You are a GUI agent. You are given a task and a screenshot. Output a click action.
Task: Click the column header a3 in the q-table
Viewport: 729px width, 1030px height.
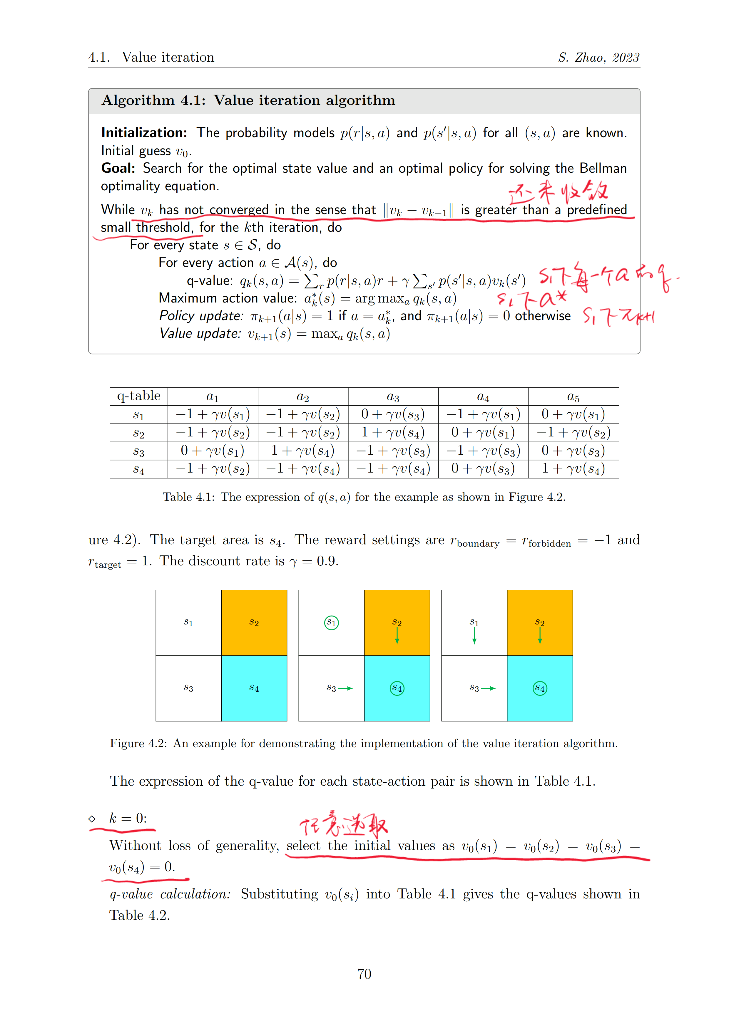click(x=393, y=396)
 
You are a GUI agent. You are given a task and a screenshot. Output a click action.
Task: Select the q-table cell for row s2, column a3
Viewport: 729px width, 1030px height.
click(x=393, y=432)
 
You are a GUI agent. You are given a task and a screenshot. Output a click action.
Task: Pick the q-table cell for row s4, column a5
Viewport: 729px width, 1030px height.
click(x=573, y=469)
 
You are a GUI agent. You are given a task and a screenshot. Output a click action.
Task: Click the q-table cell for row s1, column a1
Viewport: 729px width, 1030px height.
click(x=212, y=414)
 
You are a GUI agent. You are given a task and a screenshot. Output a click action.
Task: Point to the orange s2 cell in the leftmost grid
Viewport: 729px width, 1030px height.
click(x=254, y=623)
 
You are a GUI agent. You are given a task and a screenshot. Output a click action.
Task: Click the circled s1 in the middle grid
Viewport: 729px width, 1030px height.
click(x=331, y=622)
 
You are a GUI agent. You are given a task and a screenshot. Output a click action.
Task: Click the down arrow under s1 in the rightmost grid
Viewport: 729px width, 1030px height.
click(x=474, y=636)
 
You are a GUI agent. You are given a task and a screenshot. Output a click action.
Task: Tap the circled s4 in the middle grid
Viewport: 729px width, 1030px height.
click(x=397, y=688)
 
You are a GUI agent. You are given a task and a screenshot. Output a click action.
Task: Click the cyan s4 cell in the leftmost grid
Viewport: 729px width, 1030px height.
click(x=254, y=688)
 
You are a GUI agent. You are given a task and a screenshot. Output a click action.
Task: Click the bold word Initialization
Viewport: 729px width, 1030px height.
click(x=144, y=133)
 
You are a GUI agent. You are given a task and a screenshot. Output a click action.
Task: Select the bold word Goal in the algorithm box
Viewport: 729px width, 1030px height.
click(x=118, y=168)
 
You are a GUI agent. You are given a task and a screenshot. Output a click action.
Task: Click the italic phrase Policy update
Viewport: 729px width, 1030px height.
click(x=201, y=316)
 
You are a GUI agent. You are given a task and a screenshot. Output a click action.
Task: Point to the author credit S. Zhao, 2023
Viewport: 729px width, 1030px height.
click(x=598, y=58)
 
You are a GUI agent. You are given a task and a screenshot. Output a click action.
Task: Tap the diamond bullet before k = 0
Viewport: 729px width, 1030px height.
click(x=92, y=819)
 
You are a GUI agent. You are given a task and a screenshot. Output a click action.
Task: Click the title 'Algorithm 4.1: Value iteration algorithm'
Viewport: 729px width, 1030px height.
click(x=248, y=100)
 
